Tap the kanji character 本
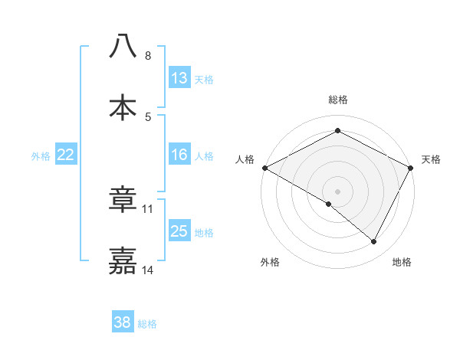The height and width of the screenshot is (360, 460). (x=123, y=107)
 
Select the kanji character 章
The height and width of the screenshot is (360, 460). (x=123, y=200)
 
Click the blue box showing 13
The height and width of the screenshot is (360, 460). (x=179, y=77)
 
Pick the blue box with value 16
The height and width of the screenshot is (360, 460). (x=179, y=155)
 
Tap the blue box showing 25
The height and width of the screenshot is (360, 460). (x=179, y=231)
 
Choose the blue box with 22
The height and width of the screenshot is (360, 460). (x=65, y=155)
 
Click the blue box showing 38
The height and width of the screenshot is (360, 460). (x=123, y=322)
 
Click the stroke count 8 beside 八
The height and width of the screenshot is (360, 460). (x=147, y=56)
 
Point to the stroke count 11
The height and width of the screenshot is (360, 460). (x=148, y=208)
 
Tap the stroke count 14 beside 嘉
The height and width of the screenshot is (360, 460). (x=148, y=270)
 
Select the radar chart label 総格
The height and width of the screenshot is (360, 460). (x=338, y=100)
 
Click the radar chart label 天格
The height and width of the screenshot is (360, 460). (x=432, y=159)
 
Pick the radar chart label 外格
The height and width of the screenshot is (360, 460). (x=270, y=262)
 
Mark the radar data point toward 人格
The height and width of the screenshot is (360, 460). (x=264, y=167)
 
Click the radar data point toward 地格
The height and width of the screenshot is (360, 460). (x=374, y=242)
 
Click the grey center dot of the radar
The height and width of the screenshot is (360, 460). (x=338, y=191)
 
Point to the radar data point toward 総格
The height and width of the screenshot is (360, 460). (x=338, y=131)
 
